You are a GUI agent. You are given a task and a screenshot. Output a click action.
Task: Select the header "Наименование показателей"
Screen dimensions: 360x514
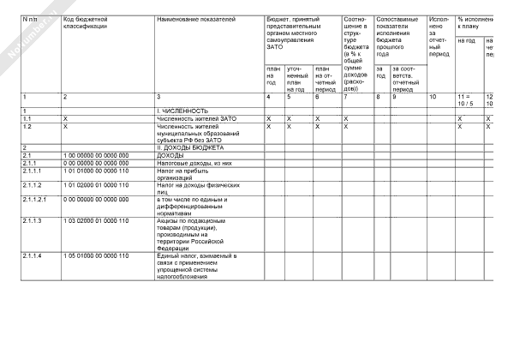(x=196, y=18)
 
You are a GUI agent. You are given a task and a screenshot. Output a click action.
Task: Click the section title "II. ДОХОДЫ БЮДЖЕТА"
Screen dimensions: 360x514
(x=190, y=147)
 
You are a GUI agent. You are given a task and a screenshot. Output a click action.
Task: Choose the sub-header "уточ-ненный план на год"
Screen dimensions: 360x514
(x=295, y=78)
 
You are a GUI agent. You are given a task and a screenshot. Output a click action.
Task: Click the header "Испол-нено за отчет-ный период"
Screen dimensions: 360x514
(x=439, y=38)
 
